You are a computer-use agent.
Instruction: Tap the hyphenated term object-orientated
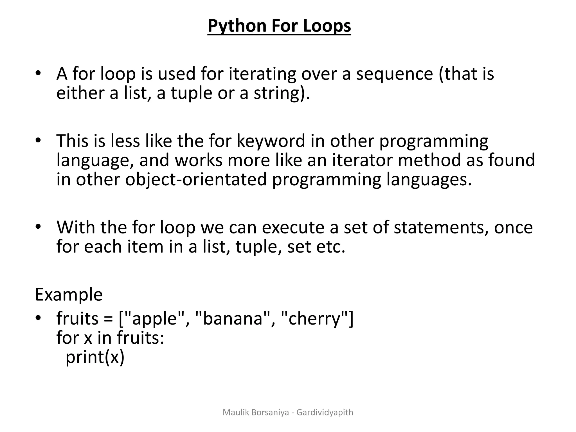tap(196, 179)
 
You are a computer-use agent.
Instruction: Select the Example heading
tap(69, 294)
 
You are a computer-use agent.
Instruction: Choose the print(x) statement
tap(95, 357)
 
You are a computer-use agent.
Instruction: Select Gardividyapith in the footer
tap(325, 413)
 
